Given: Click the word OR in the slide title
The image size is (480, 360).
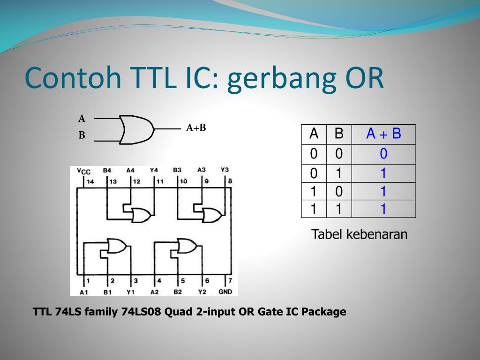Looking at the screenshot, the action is click(x=365, y=78).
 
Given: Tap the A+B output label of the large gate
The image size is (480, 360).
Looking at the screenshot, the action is click(x=196, y=127).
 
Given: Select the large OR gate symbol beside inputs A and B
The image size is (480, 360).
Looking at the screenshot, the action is click(x=136, y=130).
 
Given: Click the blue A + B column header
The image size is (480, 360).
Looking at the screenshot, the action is click(x=383, y=134).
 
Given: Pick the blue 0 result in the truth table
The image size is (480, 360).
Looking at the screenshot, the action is click(x=383, y=154).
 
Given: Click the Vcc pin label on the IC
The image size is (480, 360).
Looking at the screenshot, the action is click(x=83, y=171).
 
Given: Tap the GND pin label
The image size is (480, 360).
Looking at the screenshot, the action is click(x=225, y=292).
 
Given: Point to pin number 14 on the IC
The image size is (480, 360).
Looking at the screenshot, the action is click(x=90, y=181).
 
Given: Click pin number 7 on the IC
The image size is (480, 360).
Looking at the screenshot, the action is click(x=230, y=280).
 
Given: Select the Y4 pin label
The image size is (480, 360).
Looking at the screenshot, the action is click(x=154, y=170).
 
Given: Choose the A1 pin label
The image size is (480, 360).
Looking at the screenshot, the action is click(x=83, y=292).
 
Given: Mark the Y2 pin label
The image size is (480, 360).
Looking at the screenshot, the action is click(x=202, y=292).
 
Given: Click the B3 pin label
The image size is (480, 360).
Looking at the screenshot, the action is click(x=177, y=170).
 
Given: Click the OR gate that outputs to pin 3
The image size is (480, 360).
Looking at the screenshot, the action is click(x=117, y=246).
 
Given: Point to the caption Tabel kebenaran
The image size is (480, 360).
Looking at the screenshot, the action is click(x=360, y=234).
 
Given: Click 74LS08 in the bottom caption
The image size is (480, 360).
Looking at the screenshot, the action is click(x=141, y=312).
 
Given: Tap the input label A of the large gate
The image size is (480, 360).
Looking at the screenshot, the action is click(x=82, y=119).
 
